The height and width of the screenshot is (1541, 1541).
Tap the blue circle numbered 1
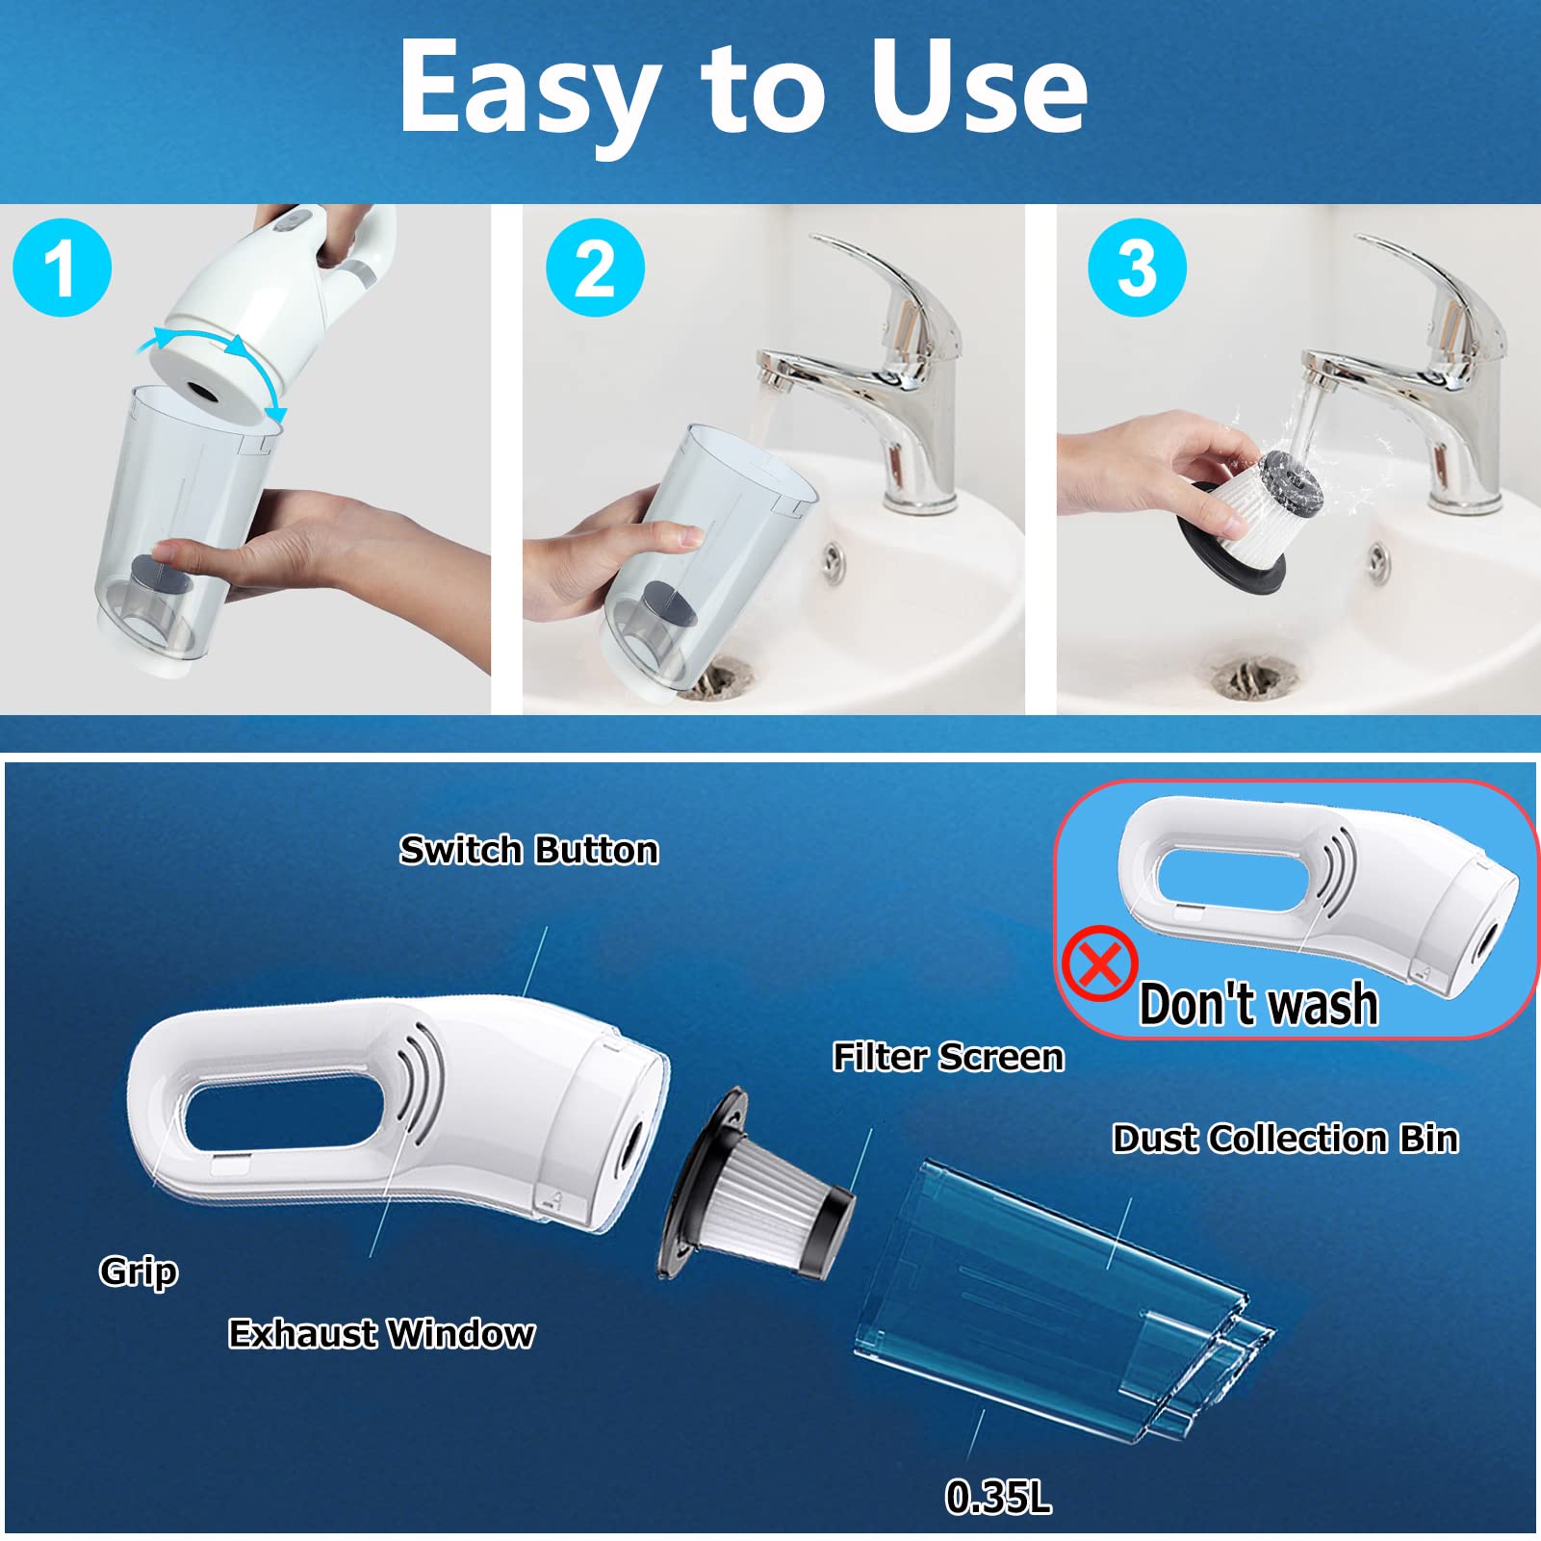tap(63, 268)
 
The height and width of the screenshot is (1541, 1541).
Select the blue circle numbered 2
tap(595, 268)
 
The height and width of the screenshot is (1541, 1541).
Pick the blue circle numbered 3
tap(1137, 268)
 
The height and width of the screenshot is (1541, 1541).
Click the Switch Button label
tap(529, 850)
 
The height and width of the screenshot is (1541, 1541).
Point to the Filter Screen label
tap(948, 1057)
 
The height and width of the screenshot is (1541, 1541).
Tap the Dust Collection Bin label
tap(1285, 1139)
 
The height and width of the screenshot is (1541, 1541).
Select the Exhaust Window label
tap(381, 1333)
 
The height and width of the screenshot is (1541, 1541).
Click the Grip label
tap(139, 1271)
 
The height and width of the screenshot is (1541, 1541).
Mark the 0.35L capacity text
tap(998, 1497)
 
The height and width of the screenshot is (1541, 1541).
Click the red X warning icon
tap(1100, 963)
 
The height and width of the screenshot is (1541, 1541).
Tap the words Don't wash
tap(1258, 1004)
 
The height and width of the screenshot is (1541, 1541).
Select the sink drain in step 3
tap(1248, 678)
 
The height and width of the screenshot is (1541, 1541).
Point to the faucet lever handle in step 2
tap(881, 289)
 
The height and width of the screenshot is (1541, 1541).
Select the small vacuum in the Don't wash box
tap(1320, 890)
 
